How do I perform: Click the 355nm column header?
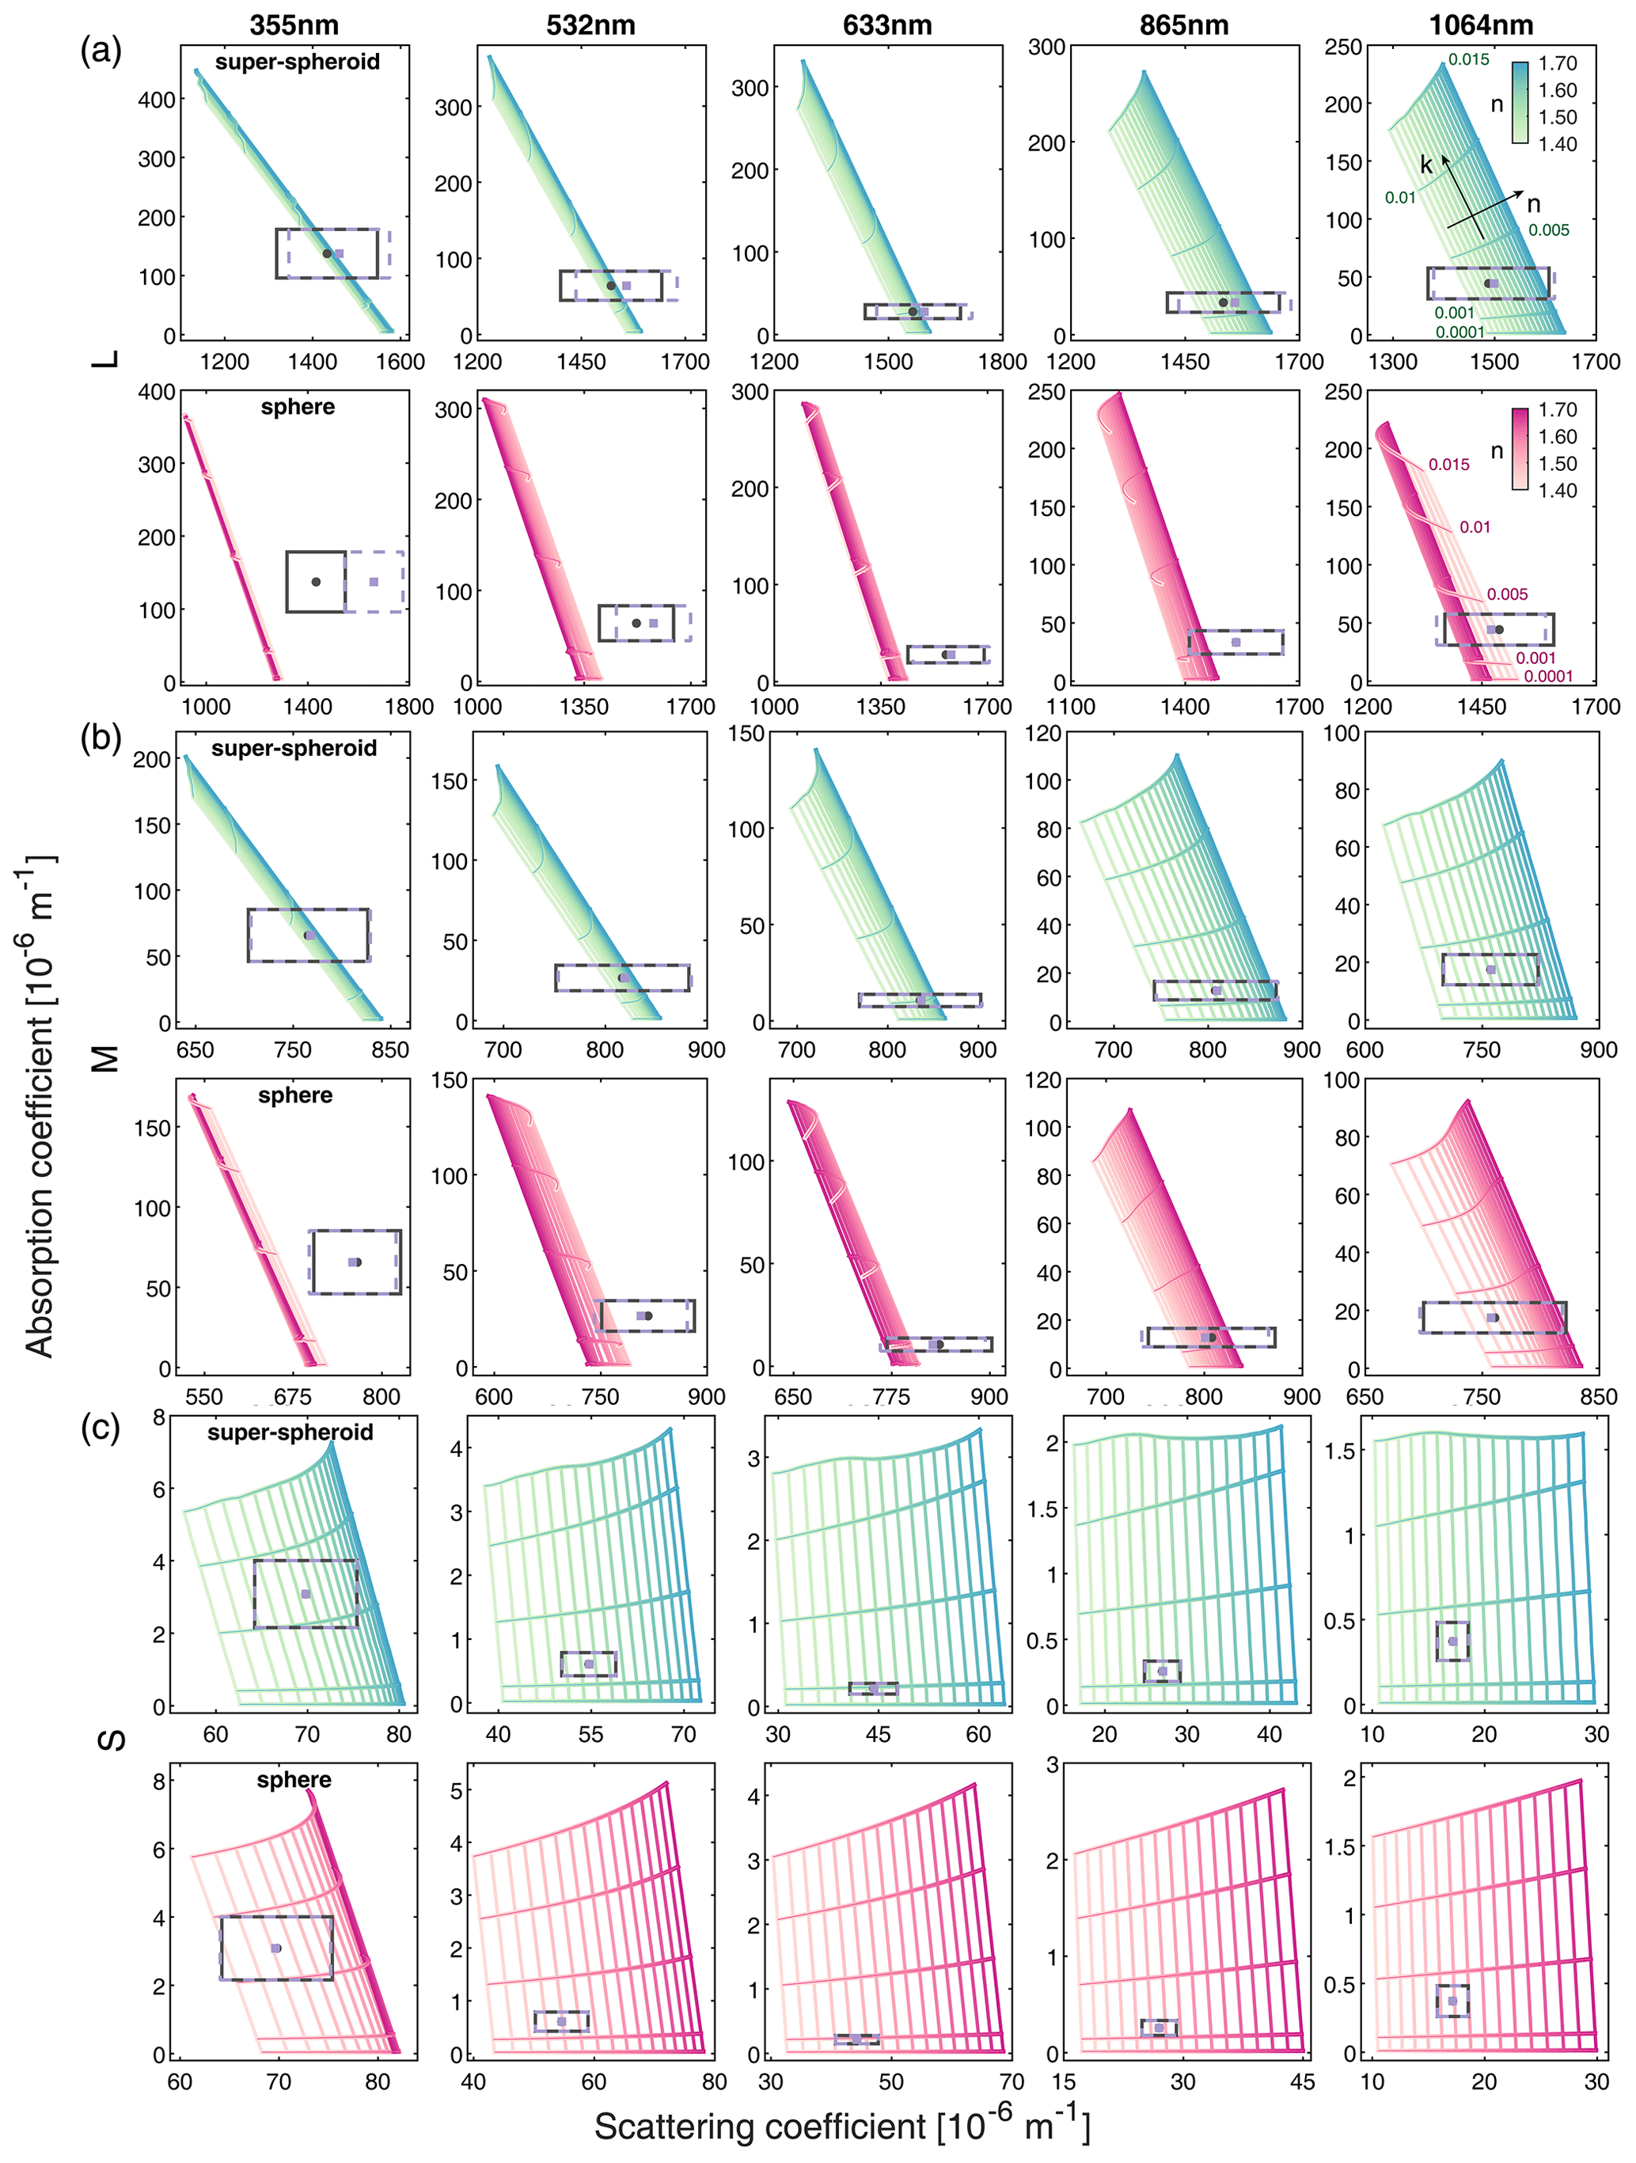[x=294, y=25]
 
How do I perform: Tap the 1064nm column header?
[x=1481, y=25]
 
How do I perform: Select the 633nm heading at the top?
[x=887, y=25]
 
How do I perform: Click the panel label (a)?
[x=101, y=49]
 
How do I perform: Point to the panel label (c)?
[x=101, y=1429]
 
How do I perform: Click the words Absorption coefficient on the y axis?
[x=39, y=1105]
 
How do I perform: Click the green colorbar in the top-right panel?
[x=1520, y=103]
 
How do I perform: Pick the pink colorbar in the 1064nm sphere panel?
[x=1520, y=449]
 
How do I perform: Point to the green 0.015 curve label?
[x=1469, y=59]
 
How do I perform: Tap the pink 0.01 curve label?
[x=1475, y=527]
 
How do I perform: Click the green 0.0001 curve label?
[x=1460, y=332]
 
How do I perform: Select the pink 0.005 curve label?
[x=1507, y=594]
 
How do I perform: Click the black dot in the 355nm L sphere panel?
[x=316, y=582]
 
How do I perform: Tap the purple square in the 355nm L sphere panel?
[x=374, y=582]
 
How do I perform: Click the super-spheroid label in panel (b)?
[x=294, y=748]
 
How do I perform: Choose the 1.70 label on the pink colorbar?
[x=1558, y=410]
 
